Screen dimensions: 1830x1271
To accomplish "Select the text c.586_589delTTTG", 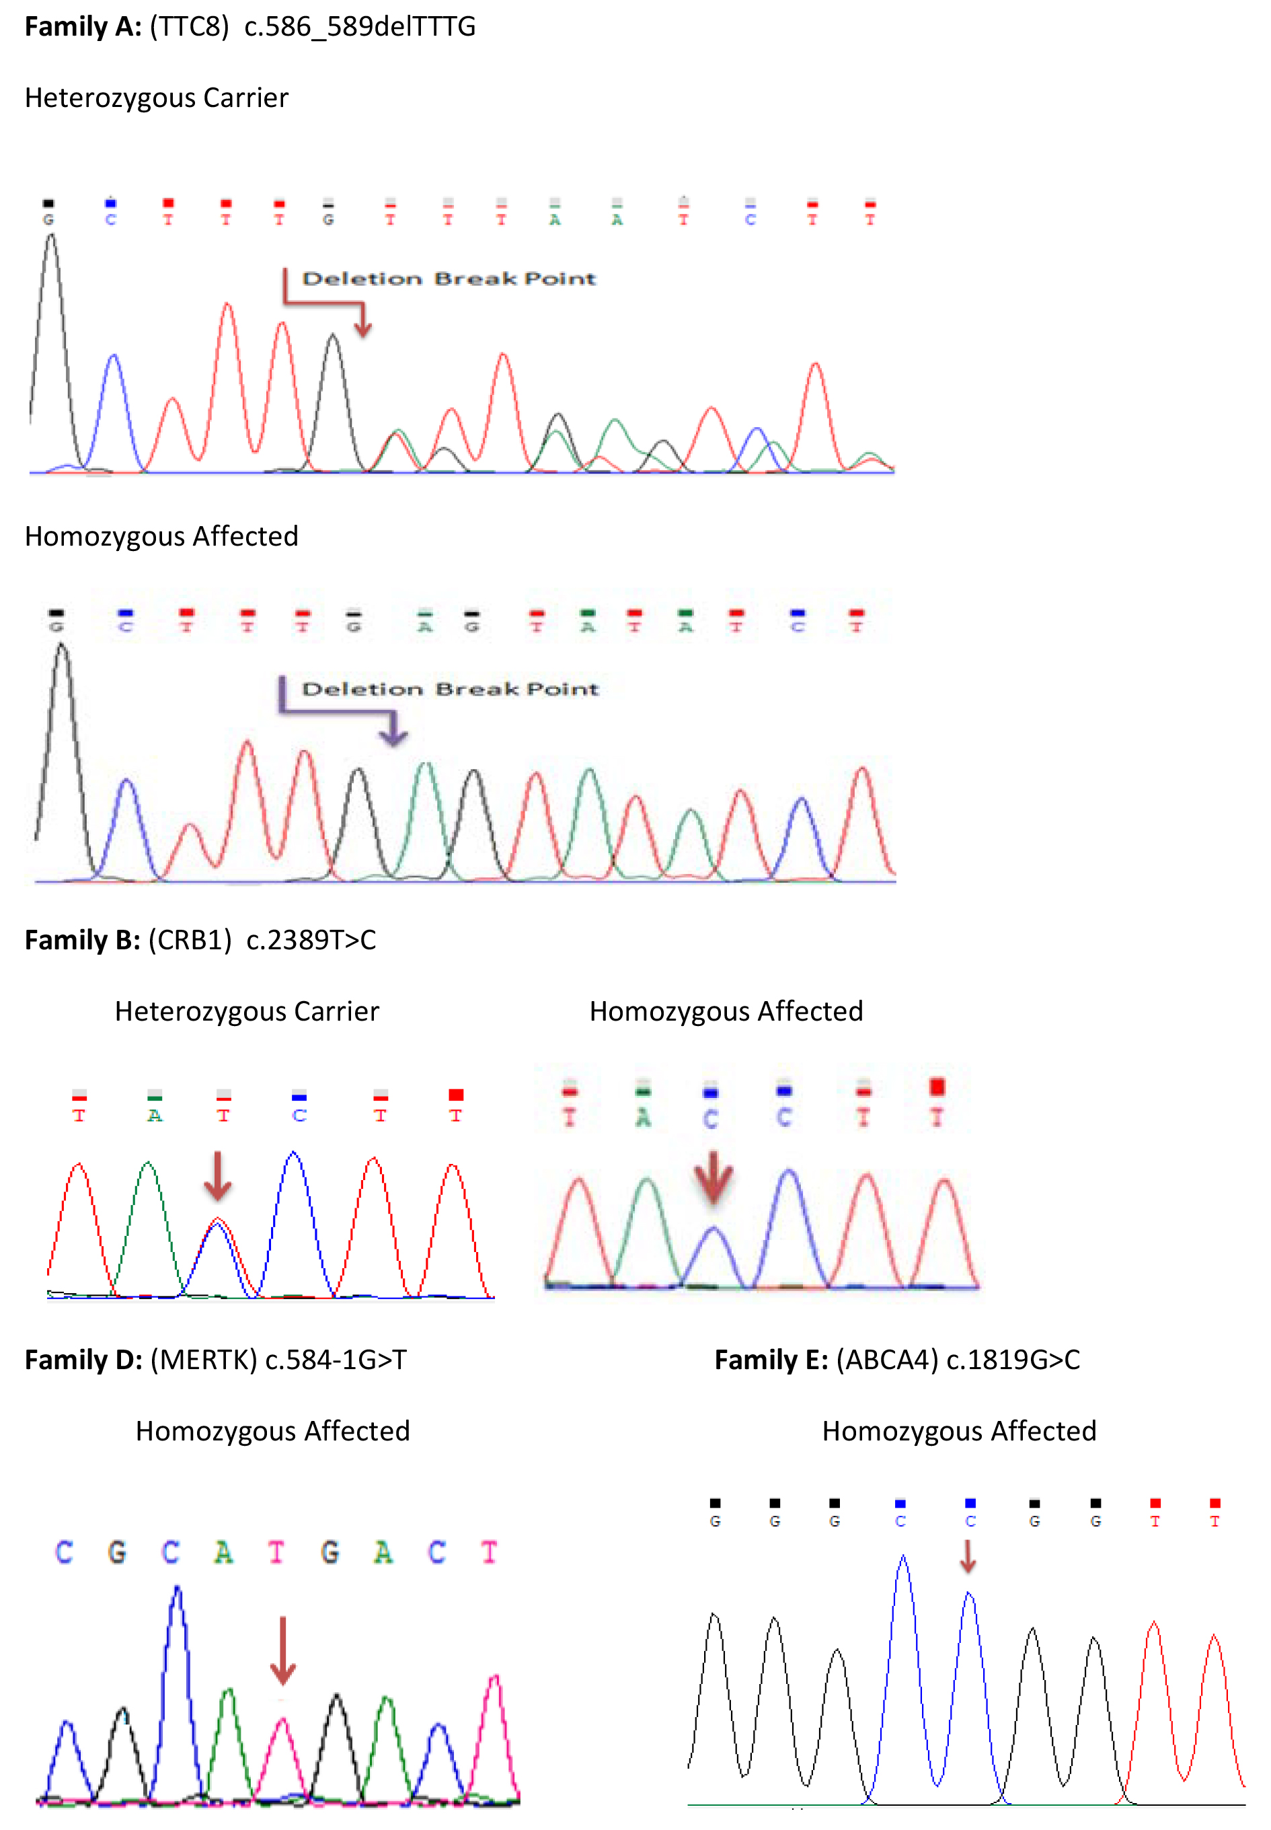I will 359,27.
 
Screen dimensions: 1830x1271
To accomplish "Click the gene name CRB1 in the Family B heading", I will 190,940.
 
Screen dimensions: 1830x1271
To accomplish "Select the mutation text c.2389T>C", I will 311,940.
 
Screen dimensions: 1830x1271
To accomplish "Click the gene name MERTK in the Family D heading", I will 204,1360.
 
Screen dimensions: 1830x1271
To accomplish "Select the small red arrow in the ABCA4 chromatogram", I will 968,1558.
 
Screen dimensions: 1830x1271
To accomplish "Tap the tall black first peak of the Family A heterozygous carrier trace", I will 51,239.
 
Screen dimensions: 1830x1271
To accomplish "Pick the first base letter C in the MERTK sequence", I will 64,1552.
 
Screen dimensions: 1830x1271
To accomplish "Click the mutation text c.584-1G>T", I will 336,1360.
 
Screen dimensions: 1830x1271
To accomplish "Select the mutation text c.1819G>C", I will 1013,1360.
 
